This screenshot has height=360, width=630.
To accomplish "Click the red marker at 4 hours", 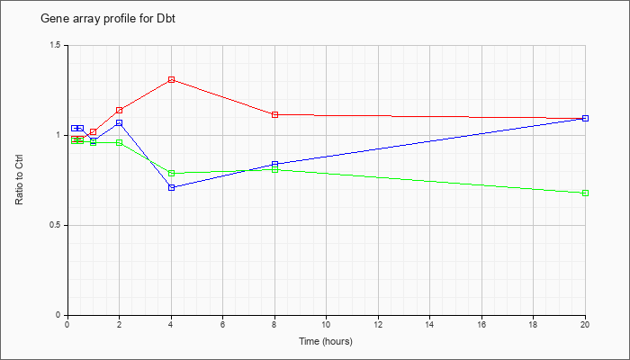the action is [172, 79].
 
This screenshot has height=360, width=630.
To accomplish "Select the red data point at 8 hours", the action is [275, 114].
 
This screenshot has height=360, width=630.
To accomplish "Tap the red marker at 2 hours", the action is [120, 110].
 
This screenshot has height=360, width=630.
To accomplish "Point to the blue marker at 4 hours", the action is [172, 187].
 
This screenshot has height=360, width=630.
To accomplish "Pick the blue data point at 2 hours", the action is [120, 123].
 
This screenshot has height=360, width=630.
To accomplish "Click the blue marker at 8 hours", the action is [275, 164].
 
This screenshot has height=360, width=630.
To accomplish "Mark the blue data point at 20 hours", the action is [585, 118].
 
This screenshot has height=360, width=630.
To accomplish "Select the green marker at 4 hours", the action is [172, 173].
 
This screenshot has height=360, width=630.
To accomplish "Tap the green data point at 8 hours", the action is [275, 169].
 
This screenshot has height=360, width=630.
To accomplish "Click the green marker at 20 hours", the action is [585, 193].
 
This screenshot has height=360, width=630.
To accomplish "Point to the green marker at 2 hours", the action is [120, 142].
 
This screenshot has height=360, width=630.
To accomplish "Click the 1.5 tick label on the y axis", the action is [56, 45].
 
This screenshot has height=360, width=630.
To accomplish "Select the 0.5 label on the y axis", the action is [56, 225].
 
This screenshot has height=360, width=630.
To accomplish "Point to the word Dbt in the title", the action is [166, 19].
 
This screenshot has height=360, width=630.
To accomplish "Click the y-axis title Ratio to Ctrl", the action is [19, 180].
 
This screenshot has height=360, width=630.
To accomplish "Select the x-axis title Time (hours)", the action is [326, 341].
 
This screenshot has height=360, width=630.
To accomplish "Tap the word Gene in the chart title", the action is [51, 19].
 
